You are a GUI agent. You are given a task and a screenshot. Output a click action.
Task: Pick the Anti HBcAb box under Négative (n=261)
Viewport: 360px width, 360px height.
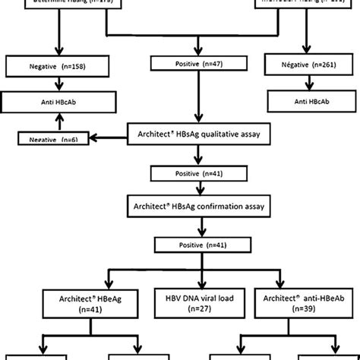tap(308, 100)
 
